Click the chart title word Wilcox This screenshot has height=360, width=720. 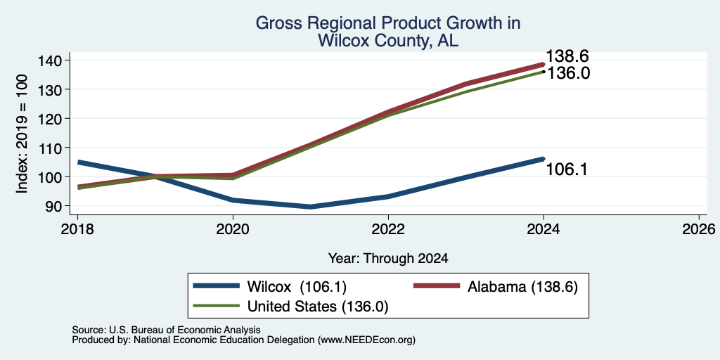pos(345,41)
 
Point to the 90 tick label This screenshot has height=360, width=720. pos(52,206)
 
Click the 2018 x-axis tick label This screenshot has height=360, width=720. pos(77,229)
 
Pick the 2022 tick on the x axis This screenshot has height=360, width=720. pos(388,229)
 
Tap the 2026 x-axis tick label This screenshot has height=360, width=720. pos(699,229)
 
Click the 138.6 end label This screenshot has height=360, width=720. pos(567,56)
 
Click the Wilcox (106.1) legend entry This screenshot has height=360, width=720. pos(269,287)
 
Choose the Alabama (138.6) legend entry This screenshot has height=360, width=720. pos(496,287)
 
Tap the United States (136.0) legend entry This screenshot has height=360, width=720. pos(290,307)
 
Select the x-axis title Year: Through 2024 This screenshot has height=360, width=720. pos(388,259)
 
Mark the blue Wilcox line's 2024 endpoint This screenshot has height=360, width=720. pos(544,159)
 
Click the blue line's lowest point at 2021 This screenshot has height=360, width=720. pos(311,207)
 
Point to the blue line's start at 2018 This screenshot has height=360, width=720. pos(79,162)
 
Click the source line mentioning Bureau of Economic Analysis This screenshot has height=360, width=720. pos(166,330)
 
